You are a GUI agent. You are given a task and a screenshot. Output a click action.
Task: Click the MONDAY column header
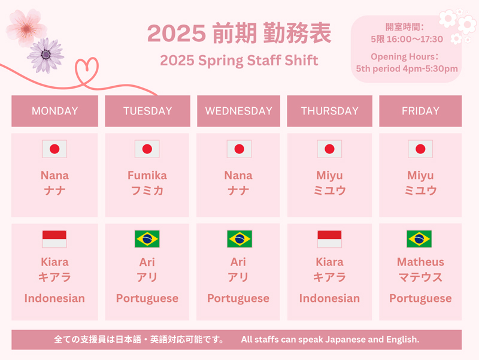coord(54,111)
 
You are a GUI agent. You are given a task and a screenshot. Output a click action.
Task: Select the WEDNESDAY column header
coord(238,111)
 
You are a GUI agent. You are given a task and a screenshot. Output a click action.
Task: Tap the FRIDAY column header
coord(420,111)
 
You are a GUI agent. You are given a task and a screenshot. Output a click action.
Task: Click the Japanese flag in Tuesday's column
coord(147,149)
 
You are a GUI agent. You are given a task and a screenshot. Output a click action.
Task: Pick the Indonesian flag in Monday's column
coord(54,239)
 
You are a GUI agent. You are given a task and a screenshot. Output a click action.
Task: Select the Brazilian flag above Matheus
coord(419,239)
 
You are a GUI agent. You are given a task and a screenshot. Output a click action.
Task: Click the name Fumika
coord(147,176)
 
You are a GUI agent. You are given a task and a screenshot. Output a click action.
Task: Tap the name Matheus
coord(420,262)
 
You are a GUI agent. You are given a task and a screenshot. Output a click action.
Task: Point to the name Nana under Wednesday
coord(238,176)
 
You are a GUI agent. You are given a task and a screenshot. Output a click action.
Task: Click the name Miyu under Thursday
coord(330,176)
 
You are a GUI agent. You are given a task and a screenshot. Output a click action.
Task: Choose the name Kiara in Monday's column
coord(54,262)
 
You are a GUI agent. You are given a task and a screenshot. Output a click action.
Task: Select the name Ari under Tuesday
coord(147,262)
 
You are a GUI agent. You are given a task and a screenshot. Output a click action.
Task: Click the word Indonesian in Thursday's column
coord(330,298)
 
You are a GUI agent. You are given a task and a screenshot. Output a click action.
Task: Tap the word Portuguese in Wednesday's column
coord(238,298)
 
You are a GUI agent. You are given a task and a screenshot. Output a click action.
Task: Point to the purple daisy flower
coord(46,55)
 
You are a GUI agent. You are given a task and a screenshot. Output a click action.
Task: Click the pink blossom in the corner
coord(26,28)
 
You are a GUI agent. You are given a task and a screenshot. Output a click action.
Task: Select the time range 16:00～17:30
coord(415,39)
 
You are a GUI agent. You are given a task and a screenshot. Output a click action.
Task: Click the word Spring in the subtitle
coord(221,61)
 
